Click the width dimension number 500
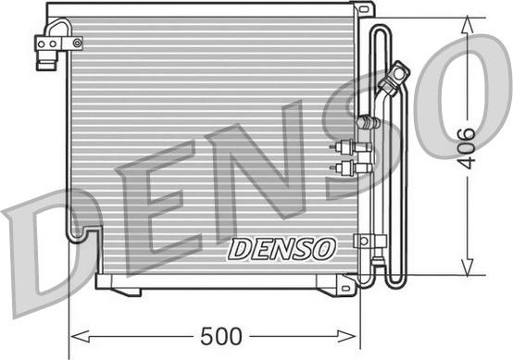coord(221,337)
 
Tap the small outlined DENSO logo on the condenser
coord(282,250)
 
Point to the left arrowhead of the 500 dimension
coord(81,337)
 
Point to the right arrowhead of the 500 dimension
coord(347,337)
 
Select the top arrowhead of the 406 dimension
coord(468,24)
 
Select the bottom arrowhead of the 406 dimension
coord(468,266)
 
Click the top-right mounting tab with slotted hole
coord(364,9)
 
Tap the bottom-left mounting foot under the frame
coord(125,292)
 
